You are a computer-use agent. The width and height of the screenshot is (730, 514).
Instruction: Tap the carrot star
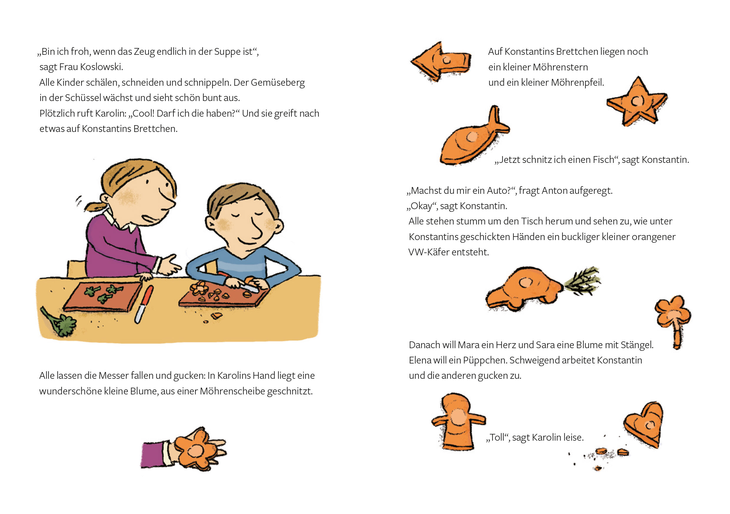click(x=637, y=101)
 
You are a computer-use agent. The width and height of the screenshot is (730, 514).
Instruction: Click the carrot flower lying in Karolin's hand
click(x=195, y=449)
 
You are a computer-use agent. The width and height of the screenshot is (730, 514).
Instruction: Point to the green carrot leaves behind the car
click(x=582, y=280)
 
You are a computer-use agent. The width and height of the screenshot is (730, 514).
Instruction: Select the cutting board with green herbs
click(x=102, y=296)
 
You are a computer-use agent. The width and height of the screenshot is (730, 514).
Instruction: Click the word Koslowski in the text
click(x=102, y=67)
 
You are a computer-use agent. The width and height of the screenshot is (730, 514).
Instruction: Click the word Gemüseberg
click(x=278, y=83)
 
